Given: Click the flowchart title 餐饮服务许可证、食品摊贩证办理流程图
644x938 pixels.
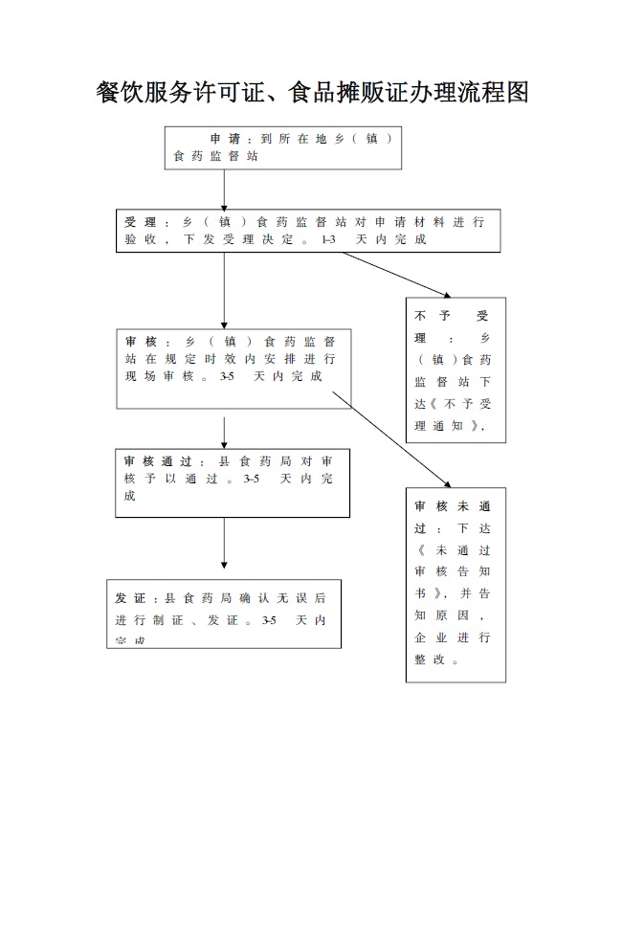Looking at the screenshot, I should pos(313,93).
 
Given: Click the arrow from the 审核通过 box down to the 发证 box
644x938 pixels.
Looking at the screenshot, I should pos(224,543).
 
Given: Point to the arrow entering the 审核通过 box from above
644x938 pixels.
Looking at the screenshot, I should pos(224,433).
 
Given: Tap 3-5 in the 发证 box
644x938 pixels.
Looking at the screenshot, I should pos(269,620).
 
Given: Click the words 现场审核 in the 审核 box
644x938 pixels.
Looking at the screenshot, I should pos(166,376).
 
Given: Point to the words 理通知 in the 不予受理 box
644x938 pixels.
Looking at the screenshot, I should pos(446,425).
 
